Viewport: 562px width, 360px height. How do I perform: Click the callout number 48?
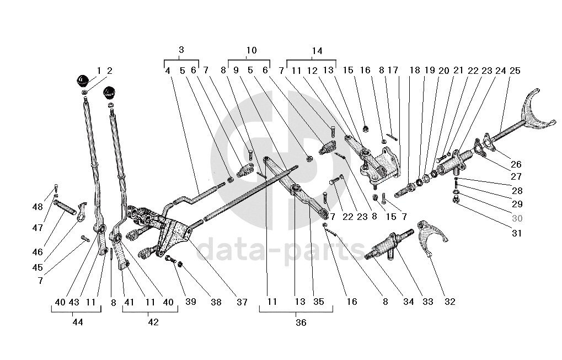[x=38, y=207]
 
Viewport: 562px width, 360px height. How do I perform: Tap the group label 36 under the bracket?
[x=301, y=323]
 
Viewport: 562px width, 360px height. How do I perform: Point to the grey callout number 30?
[x=516, y=218]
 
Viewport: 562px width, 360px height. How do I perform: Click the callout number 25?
[x=515, y=71]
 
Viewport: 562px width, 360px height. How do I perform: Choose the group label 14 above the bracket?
[x=317, y=51]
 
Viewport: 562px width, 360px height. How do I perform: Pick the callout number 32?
[x=450, y=302]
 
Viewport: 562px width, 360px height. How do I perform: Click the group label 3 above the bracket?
[x=181, y=50]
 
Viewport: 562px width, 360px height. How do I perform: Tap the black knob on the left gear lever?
[x=83, y=79]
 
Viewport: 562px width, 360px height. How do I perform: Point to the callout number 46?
[x=38, y=252]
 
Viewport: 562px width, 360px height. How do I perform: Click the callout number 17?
[x=393, y=71]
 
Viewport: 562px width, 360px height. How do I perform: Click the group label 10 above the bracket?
[x=251, y=50]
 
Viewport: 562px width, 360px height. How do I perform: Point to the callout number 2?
[x=109, y=71]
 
